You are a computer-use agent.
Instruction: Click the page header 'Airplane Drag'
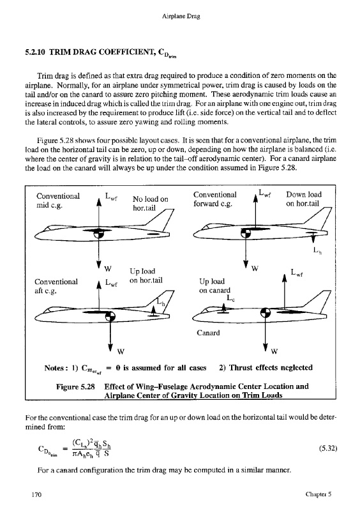[x=181, y=17]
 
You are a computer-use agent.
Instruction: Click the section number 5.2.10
[x=36, y=52]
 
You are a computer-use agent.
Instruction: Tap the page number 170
[x=36, y=494]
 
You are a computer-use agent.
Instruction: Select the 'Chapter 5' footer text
[x=319, y=494]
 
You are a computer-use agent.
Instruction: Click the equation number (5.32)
[x=327, y=448]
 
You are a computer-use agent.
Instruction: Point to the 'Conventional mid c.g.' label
[x=58, y=201]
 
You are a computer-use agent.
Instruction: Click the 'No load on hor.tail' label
[x=150, y=203]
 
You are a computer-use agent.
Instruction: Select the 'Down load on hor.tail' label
[x=304, y=199]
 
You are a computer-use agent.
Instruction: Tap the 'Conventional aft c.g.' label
[x=56, y=286]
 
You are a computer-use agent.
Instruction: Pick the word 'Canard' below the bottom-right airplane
[x=208, y=333]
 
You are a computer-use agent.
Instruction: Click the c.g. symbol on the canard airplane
[x=266, y=312]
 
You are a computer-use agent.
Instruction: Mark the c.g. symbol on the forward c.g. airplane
[x=246, y=233]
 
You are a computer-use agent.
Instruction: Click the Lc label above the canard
[x=230, y=298]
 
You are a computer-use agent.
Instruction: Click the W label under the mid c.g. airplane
[x=108, y=269]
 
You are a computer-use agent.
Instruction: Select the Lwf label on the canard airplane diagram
[x=296, y=273]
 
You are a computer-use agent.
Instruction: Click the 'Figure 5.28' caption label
[x=75, y=387]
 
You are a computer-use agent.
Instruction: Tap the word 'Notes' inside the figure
[x=54, y=369]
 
